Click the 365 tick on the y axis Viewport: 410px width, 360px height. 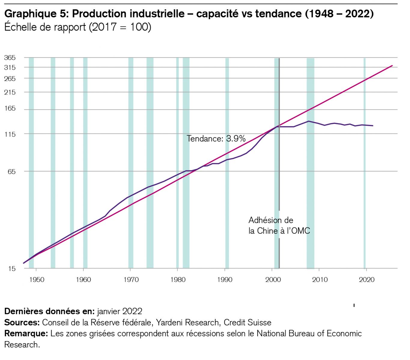[10, 58]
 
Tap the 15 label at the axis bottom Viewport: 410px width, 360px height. [11, 268]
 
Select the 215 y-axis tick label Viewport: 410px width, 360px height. [10, 92]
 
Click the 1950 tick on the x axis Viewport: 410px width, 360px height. [37, 280]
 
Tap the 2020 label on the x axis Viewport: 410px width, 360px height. [366, 280]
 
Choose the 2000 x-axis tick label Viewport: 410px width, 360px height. [273, 280]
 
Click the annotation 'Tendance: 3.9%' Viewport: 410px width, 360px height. [216, 139]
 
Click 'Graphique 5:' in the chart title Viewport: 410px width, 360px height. [36, 14]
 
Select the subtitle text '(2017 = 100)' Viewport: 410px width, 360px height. [120, 27]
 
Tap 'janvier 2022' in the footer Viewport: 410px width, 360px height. [120, 311]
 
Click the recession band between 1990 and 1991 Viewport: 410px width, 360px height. [227, 162]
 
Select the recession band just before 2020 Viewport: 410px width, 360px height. [365, 162]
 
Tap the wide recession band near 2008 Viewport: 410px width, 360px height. [311, 162]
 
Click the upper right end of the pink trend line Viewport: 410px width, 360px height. [392, 66]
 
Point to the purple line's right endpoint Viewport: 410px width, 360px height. [373, 126]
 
